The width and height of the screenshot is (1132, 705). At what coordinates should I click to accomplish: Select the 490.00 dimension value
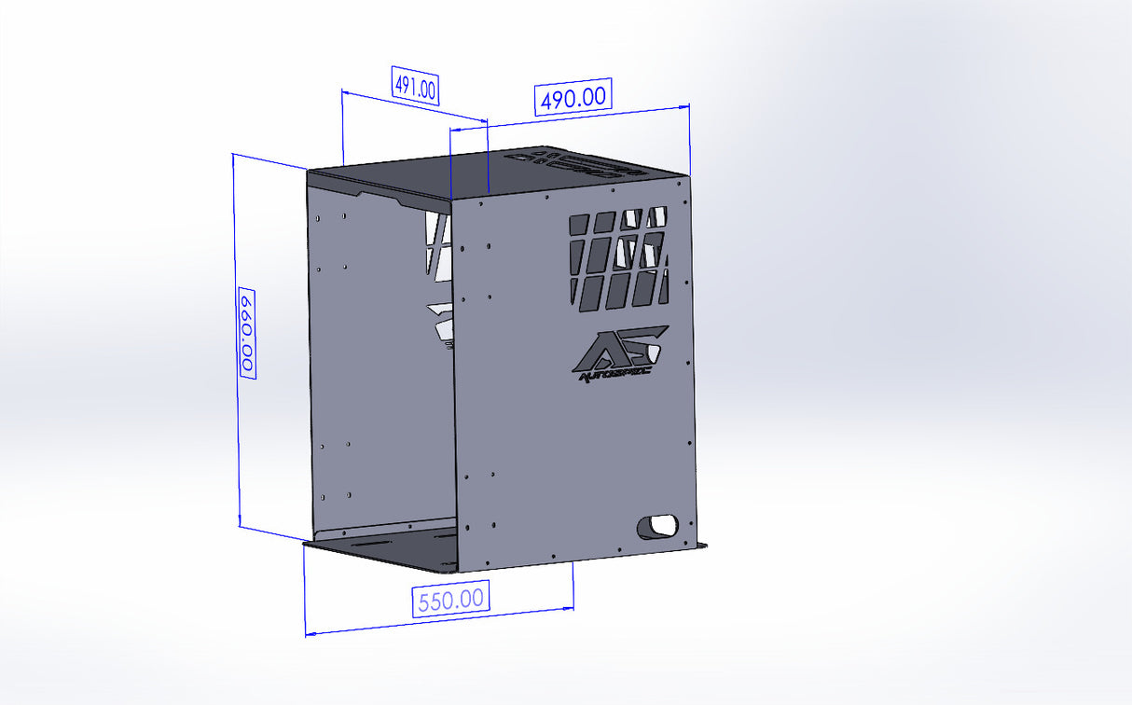coord(573,97)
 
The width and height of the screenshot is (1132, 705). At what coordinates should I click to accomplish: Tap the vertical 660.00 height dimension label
coord(248,332)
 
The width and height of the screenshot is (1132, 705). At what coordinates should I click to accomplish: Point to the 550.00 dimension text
coord(451,599)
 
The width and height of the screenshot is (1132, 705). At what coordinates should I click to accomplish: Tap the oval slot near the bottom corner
coord(658,525)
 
